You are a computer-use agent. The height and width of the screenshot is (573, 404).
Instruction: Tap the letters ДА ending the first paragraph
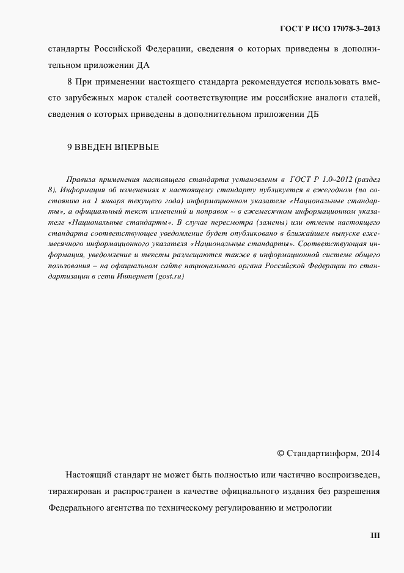coord(143,64)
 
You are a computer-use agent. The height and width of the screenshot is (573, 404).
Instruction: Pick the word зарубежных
coord(87,97)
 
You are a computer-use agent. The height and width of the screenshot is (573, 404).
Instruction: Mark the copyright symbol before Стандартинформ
coord(281,454)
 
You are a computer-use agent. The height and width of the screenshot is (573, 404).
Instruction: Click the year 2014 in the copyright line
coord(370,454)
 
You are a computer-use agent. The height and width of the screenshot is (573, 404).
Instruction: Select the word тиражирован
coord(70,492)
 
